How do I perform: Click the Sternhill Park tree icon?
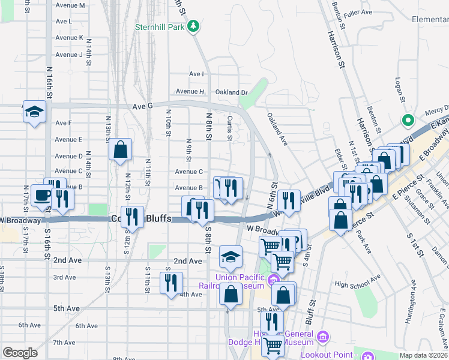coord(193,26)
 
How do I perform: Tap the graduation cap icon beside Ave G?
coord(34,112)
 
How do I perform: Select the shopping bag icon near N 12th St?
coord(120,149)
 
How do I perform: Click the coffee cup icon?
coord(43,196)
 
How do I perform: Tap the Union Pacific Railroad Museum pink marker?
coord(274,280)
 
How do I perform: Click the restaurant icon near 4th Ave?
coord(171,283)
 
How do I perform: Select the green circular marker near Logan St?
coord(408,121)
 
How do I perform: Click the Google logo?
coord(20,353)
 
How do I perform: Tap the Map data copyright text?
coord(424,355)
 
